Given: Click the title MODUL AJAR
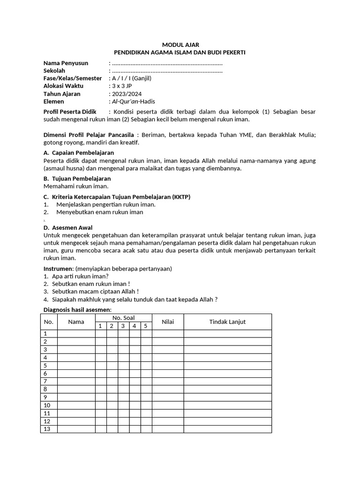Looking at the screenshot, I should point(180,45).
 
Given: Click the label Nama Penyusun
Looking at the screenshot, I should point(66,63).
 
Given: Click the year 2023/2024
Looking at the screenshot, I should point(126,94).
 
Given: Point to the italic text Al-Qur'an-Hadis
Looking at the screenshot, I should point(133,101).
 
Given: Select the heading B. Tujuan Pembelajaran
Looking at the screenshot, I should point(77,179).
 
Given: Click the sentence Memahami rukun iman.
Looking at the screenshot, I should point(75,186).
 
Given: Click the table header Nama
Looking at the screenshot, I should point(76,322).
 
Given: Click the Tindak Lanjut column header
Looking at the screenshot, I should point(227,322).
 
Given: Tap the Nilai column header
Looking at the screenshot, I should point(167,322).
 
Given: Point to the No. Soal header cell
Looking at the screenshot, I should point(123,318).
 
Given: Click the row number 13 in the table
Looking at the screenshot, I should point(46,429).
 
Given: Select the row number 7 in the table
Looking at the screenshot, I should point(45,381).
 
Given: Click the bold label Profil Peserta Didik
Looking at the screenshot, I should point(70,112).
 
